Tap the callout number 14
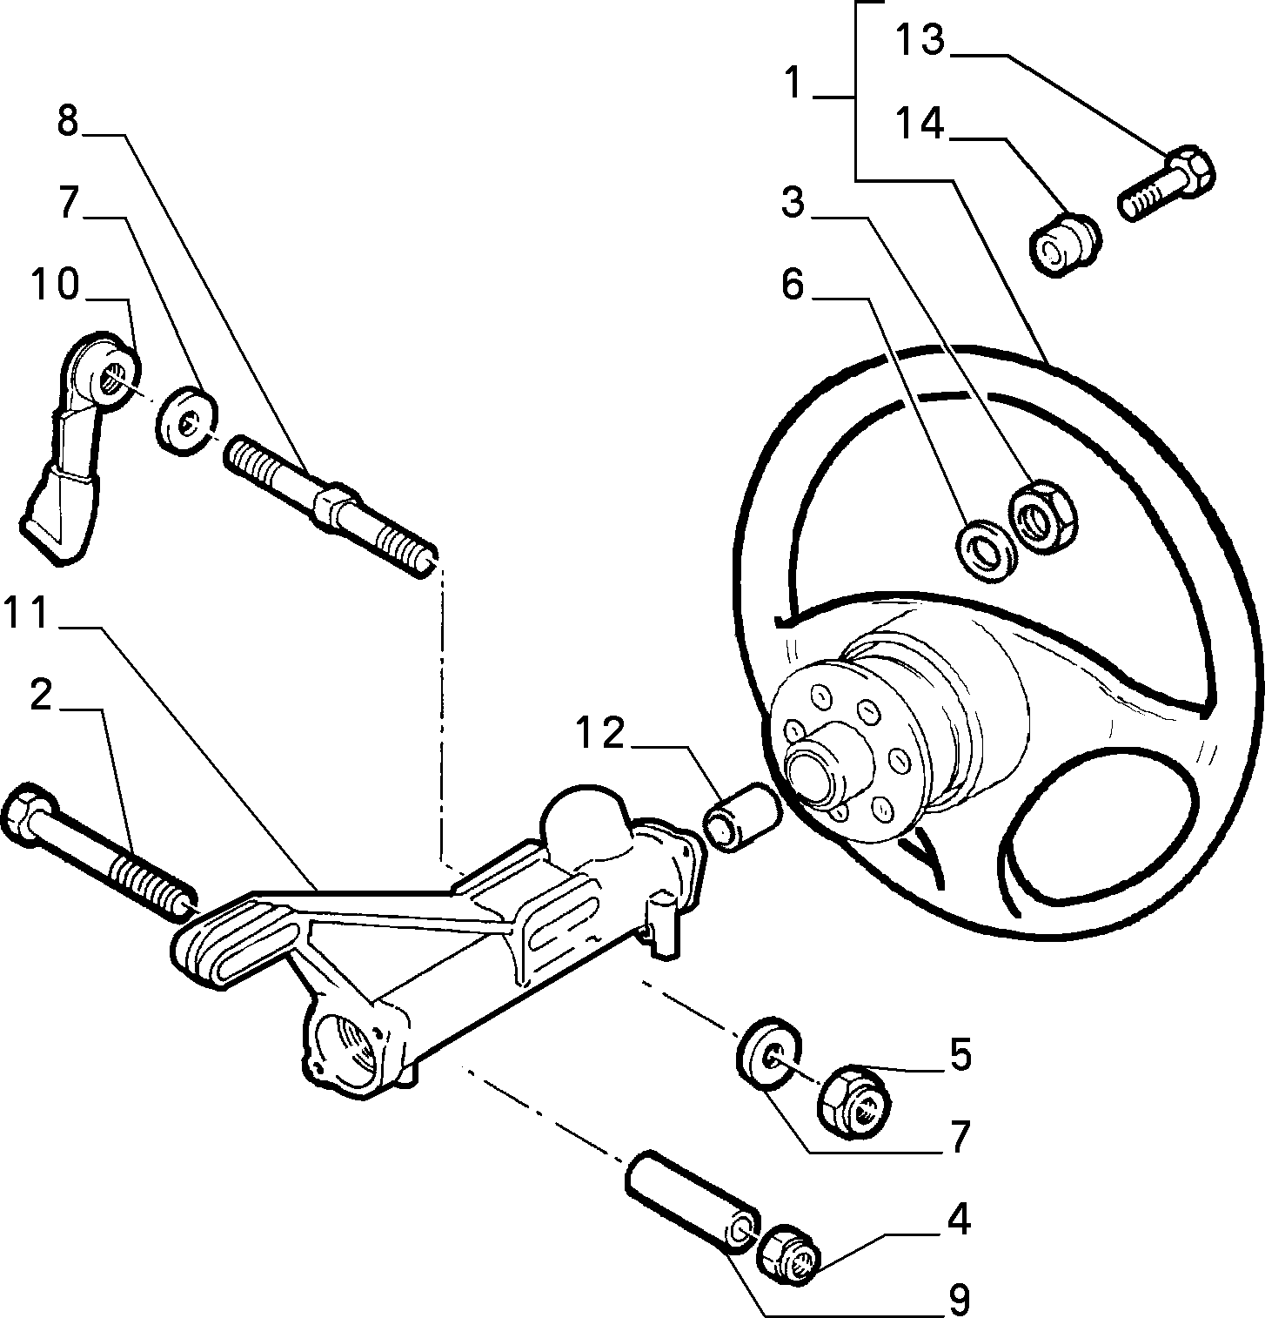tap(920, 124)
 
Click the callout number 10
tap(55, 285)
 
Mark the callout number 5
tap(960, 1054)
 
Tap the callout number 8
tap(68, 120)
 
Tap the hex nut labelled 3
tap(1044, 515)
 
